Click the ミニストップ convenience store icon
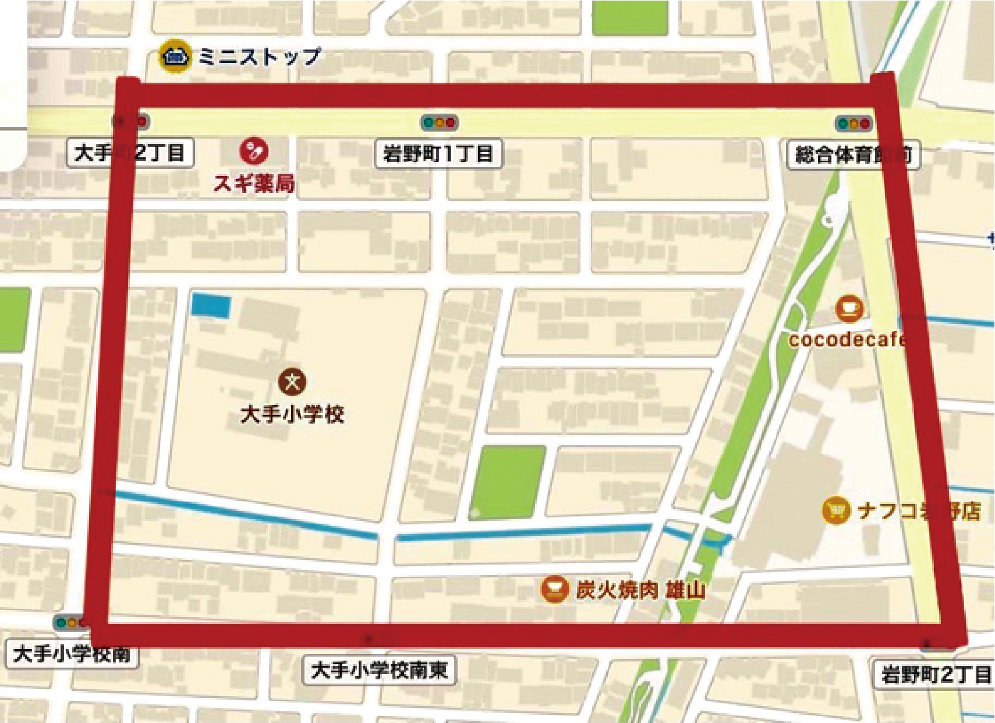coord(175,57)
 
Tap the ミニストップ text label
coord(259,57)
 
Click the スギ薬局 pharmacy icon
coord(254,151)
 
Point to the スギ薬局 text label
coord(254,184)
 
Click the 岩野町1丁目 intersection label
coord(438,154)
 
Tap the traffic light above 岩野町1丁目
coord(440,123)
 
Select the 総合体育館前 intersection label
coord(853,155)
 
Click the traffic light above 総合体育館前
coord(854,124)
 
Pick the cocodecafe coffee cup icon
coord(849,308)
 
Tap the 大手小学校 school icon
coord(292,382)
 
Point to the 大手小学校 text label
coord(292,414)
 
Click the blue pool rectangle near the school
coord(211,305)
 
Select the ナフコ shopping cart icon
coord(836,510)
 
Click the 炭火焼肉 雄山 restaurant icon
coord(554,589)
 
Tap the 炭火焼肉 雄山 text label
coord(640,590)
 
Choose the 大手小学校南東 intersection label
coord(380,670)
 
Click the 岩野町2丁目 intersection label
coord(935,675)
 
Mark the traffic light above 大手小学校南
coord(69,622)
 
